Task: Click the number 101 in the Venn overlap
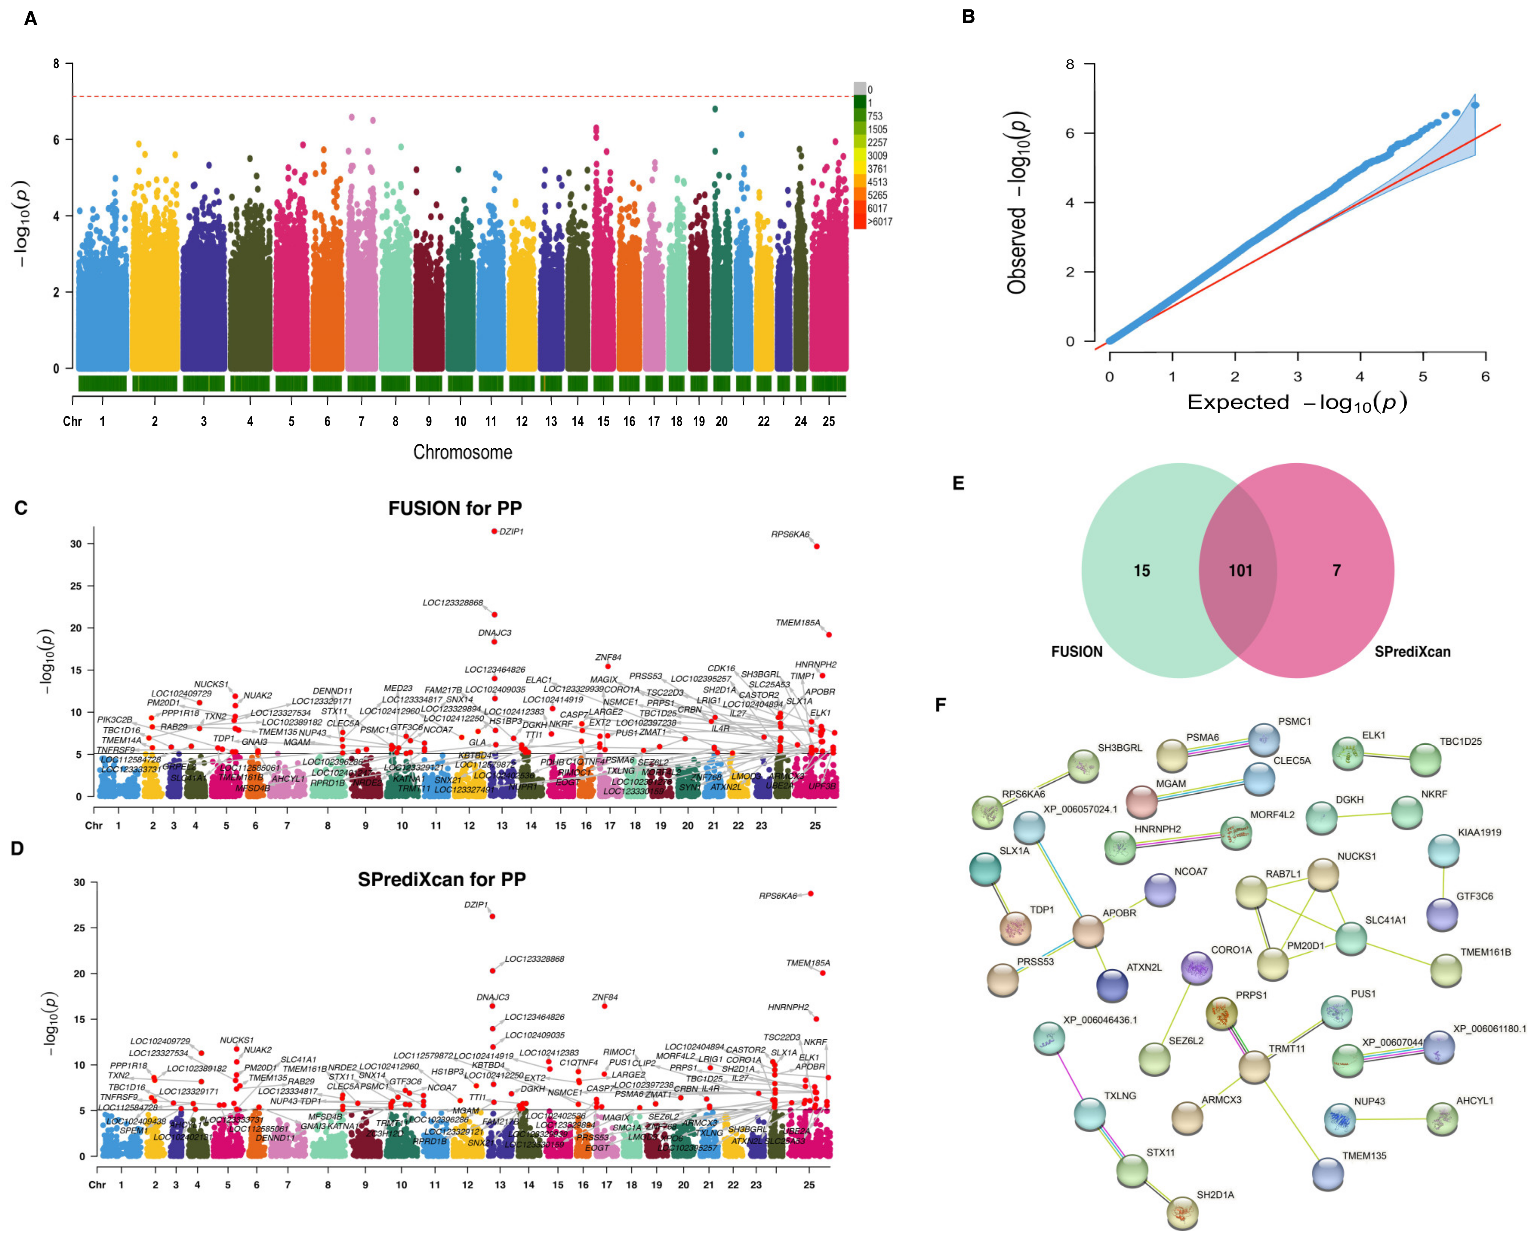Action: [x=1241, y=571]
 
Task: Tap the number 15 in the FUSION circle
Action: [x=1142, y=571]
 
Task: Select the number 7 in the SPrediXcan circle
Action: [x=1336, y=571]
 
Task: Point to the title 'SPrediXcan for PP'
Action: [x=442, y=879]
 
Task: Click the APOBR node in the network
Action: [x=1088, y=931]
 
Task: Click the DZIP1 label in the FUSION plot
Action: [x=511, y=532]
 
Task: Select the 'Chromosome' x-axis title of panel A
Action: [x=462, y=452]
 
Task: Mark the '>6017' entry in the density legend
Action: [x=880, y=222]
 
